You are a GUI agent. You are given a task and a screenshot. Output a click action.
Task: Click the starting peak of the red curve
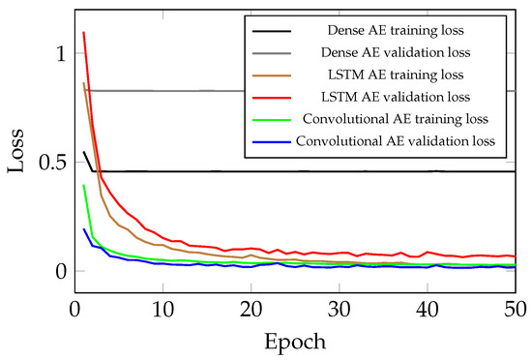[x=84, y=33]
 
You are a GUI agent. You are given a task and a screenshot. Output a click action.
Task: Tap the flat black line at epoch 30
[x=340, y=171]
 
